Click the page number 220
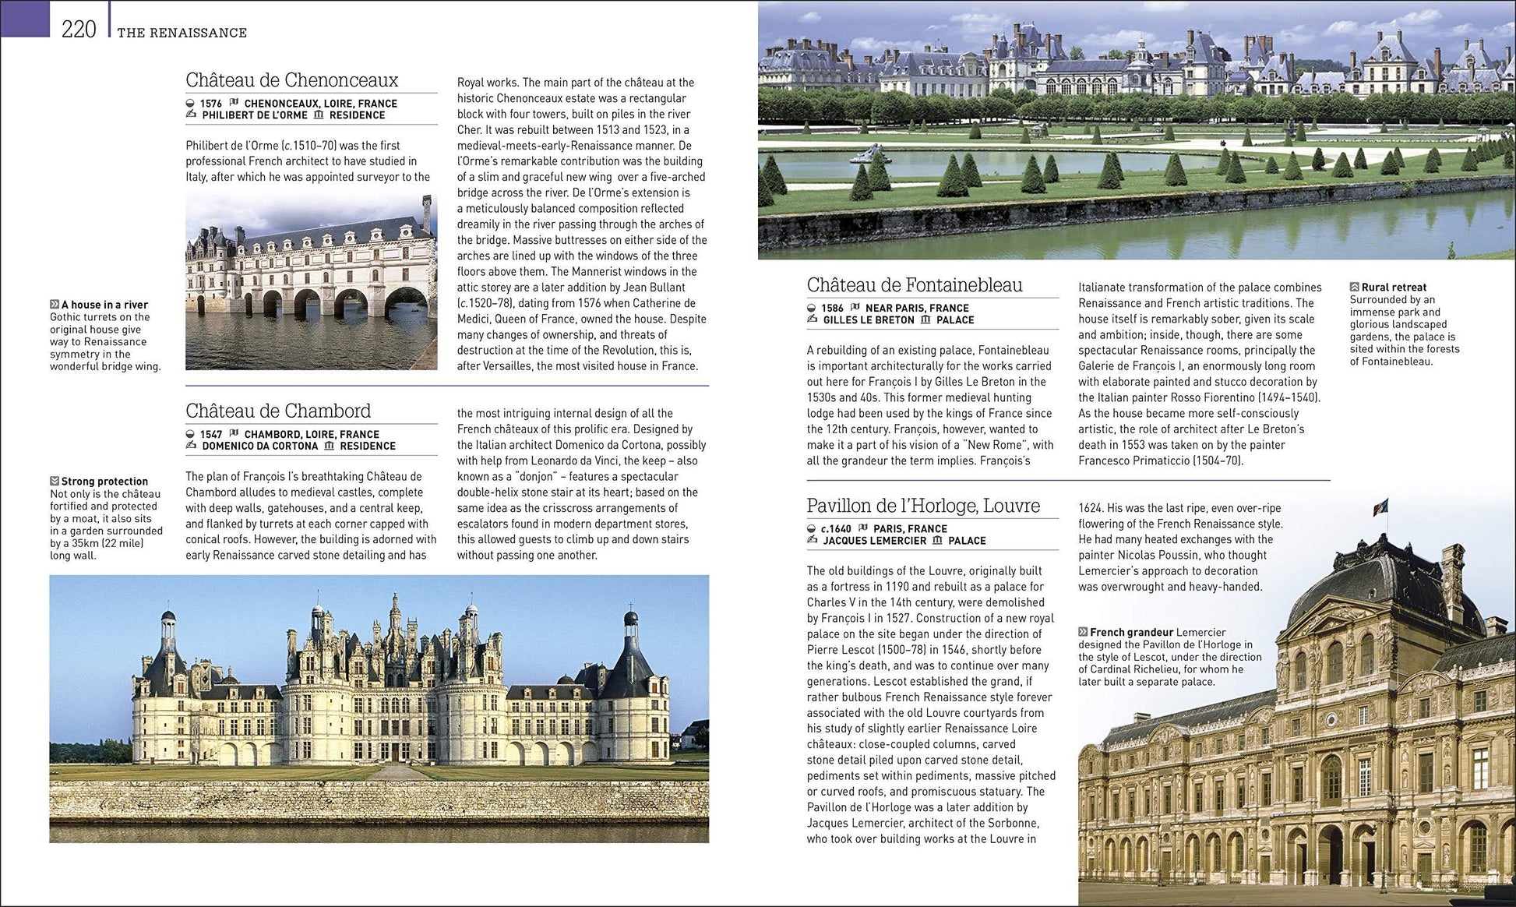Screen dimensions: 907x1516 pos(79,30)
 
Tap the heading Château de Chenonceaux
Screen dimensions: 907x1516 pos(291,80)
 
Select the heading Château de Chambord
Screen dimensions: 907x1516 pos(278,411)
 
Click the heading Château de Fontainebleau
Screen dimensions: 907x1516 pos(915,285)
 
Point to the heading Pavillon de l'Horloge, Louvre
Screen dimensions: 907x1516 pos(923,506)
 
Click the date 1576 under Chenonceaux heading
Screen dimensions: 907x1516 pos(210,104)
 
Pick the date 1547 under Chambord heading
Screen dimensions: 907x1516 pos(211,435)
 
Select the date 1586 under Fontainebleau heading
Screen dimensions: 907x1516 pos(832,309)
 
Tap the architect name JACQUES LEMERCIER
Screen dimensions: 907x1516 pos(875,541)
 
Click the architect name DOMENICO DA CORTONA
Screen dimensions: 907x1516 pos(260,446)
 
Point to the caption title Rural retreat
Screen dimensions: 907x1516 pos(1394,288)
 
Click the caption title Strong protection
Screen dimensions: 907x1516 pos(104,482)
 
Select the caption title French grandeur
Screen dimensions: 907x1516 pos(1131,633)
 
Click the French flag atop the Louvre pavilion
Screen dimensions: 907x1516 pos(1380,506)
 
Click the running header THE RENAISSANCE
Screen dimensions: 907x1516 pos(182,33)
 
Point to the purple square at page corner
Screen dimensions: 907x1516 pos(25,18)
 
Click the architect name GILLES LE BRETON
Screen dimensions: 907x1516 pos(869,320)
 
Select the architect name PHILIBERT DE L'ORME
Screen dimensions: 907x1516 pos(255,115)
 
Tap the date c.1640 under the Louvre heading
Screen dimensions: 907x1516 pos(835,529)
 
